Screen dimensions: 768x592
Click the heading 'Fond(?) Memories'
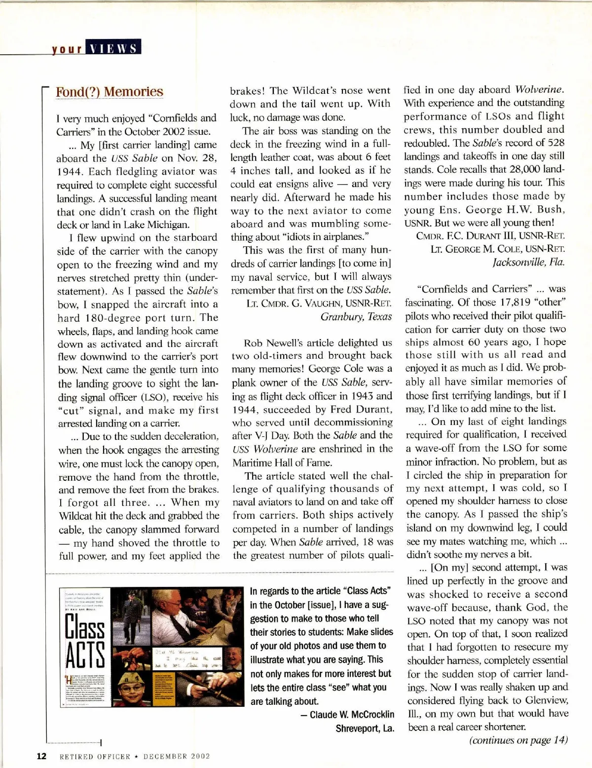[109, 92]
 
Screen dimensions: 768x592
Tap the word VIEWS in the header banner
[114, 48]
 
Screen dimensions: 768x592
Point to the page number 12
[41, 756]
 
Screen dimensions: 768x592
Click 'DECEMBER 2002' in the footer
[176, 756]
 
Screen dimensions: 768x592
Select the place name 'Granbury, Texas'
[356, 316]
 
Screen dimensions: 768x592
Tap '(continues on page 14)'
[518, 740]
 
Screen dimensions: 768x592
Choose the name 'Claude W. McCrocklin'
[352, 714]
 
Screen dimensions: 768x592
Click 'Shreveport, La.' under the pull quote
[365, 729]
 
